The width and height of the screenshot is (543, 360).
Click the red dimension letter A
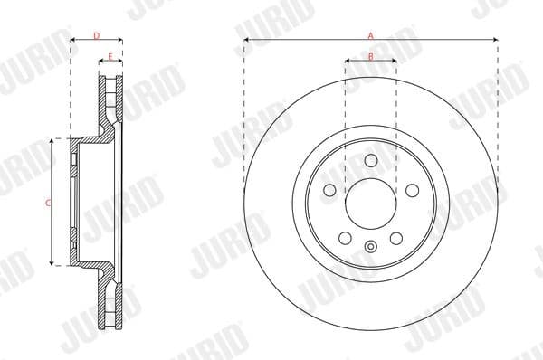pos(370,34)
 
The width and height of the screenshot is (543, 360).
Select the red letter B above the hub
pos(370,57)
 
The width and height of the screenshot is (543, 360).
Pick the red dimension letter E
pos(110,57)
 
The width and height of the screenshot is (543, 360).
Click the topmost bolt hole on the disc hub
pos(370,160)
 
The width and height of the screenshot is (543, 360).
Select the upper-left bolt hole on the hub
pos(329,191)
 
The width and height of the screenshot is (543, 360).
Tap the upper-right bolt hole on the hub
pos(412,191)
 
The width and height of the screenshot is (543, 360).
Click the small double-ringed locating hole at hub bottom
pos(370,247)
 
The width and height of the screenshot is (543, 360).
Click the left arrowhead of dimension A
pos(246,41)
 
